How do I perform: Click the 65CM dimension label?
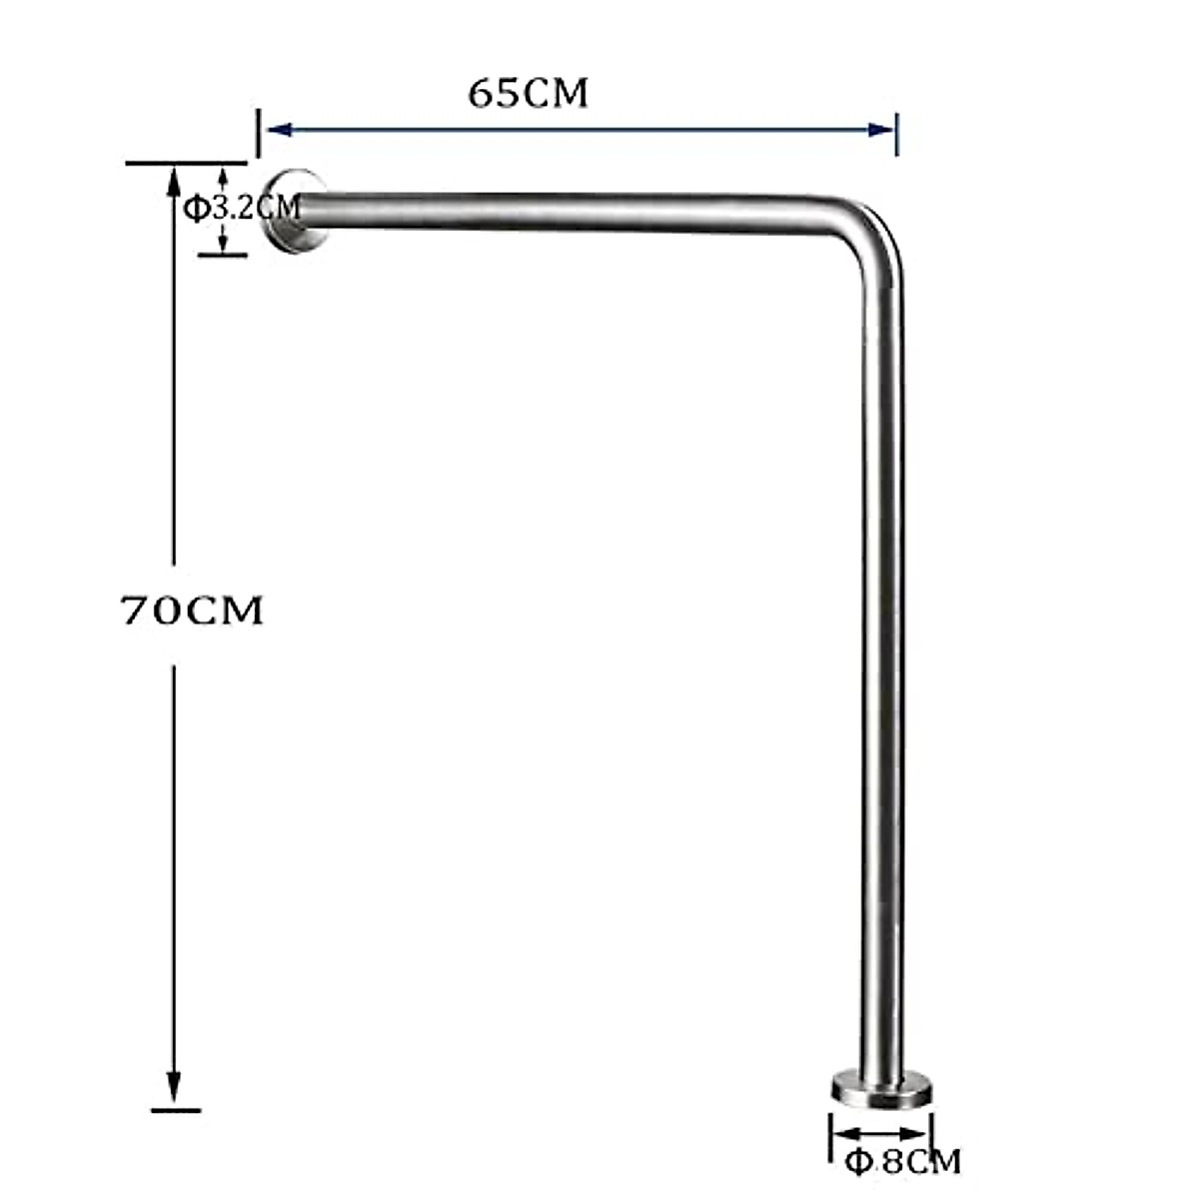(x=529, y=94)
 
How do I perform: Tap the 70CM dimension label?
(x=192, y=609)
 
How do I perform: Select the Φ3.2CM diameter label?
(x=242, y=208)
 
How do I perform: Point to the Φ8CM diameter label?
(x=903, y=1162)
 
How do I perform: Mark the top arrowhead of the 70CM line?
(x=174, y=180)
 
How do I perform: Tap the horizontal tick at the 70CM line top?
(x=186, y=163)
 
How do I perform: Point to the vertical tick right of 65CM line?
(x=896, y=133)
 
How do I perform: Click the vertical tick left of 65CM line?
(x=259, y=133)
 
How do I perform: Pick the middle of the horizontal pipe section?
(x=570, y=212)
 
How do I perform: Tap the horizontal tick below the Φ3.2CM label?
(x=222, y=255)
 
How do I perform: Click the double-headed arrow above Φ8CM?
(x=881, y=1133)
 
